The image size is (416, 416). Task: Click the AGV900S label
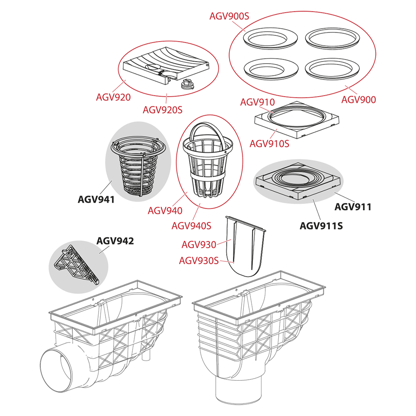[229, 16]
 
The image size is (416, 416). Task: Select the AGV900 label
[359, 100]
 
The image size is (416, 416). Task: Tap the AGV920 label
[113, 97]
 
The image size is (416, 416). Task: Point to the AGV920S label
[163, 110]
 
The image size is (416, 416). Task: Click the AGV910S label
[269, 144]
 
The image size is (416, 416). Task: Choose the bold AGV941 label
[96, 200]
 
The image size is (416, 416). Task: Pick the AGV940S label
[191, 226]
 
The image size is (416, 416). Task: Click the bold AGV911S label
[321, 226]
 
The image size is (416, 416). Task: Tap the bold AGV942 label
[115, 241]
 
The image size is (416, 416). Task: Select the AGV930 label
[199, 245]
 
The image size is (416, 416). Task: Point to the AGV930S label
[199, 260]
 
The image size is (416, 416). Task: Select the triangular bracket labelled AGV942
[77, 264]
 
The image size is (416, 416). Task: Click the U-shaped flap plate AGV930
[245, 247]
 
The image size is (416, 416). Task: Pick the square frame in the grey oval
[298, 182]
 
